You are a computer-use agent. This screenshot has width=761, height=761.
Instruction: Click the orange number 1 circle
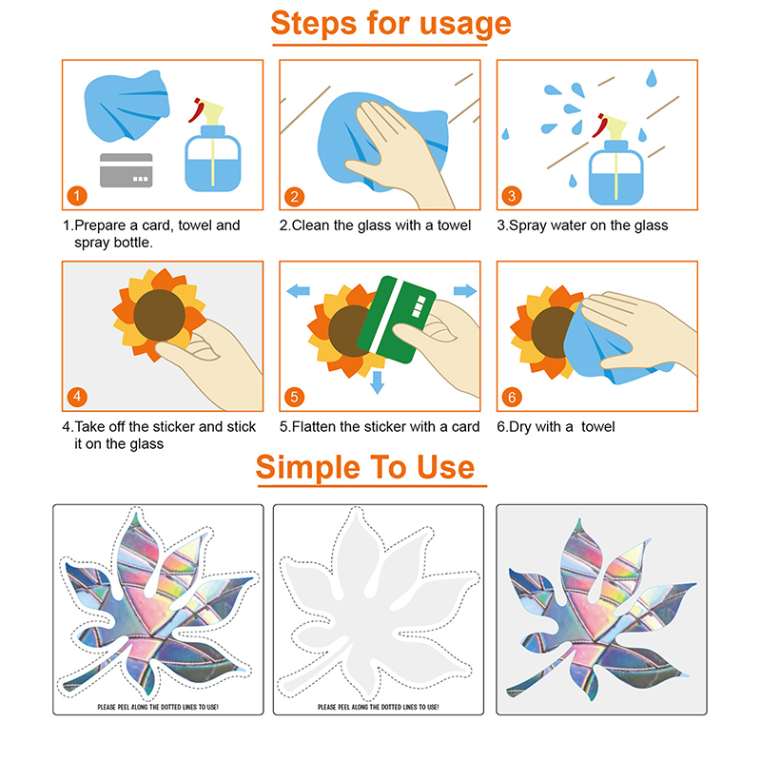tap(77, 196)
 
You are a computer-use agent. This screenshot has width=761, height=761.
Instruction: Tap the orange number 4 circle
tap(77, 397)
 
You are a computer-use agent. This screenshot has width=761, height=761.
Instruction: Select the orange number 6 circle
tap(512, 397)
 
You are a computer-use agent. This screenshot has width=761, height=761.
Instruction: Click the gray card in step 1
tap(127, 170)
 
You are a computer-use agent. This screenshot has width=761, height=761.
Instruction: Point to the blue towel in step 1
tap(127, 107)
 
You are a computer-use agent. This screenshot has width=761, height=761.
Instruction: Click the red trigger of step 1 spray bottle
tap(197, 110)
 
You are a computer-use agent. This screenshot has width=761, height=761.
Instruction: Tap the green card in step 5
tap(396, 320)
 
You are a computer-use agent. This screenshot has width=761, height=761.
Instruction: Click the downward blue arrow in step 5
tap(377, 382)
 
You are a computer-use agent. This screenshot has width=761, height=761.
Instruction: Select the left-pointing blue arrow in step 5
tap(298, 291)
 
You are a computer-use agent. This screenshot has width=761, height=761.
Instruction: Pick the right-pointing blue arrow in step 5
tap(465, 291)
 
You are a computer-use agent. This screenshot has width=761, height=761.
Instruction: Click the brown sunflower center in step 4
tap(159, 316)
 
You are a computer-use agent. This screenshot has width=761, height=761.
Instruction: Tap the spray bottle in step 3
tap(615, 160)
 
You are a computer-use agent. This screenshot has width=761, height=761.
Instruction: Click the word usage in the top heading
tap(465, 25)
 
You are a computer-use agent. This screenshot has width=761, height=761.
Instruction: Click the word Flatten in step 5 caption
tap(314, 426)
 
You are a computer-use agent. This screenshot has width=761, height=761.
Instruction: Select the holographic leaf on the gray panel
tap(602, 612)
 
